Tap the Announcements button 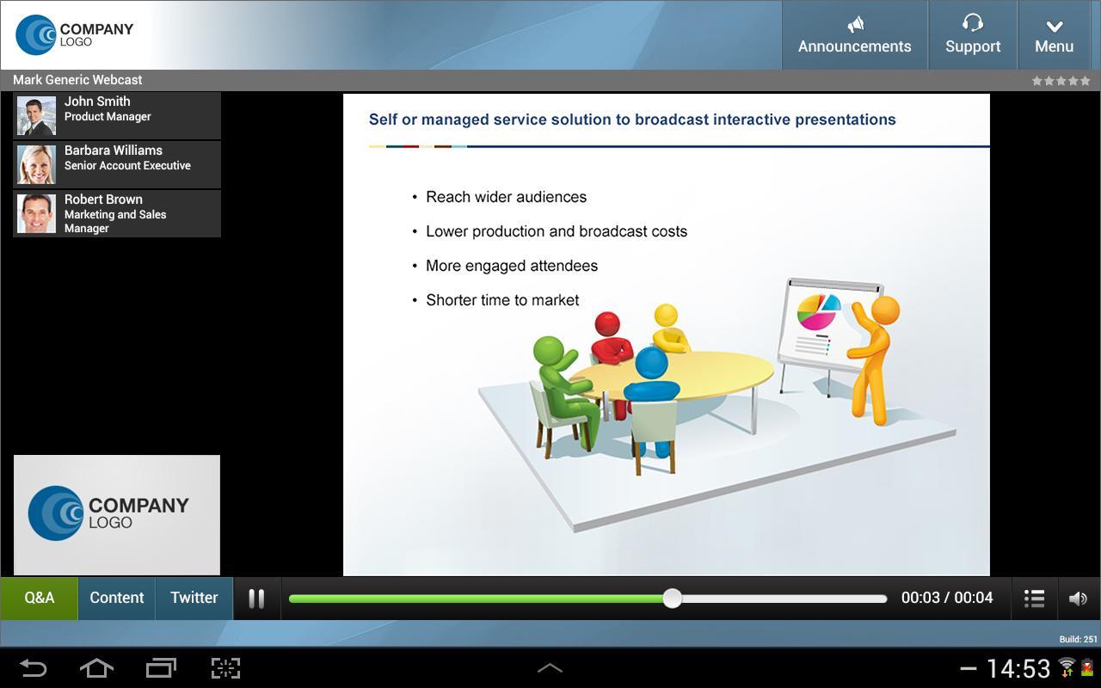[x=854, y=35]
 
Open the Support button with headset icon [x=973, y=35]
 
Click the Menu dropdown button [x=1054, y=35]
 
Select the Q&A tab [x=39, y=598]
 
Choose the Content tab [x=117, y=598]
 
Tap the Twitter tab [x=194, y=598]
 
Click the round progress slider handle [x=672, y=598]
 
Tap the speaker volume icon [x=1078, y=599]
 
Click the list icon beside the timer [x=1035, y=599]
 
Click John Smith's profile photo [x=36, y=115]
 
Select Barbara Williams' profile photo [x=36, y=164]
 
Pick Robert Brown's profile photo [x=36, y=213]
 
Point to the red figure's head [x=607, y=324]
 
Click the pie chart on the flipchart [x=818, y=310]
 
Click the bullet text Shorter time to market [x=502, y=300]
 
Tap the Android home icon [x=96, y=668]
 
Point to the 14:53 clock [x=1018, y=668]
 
